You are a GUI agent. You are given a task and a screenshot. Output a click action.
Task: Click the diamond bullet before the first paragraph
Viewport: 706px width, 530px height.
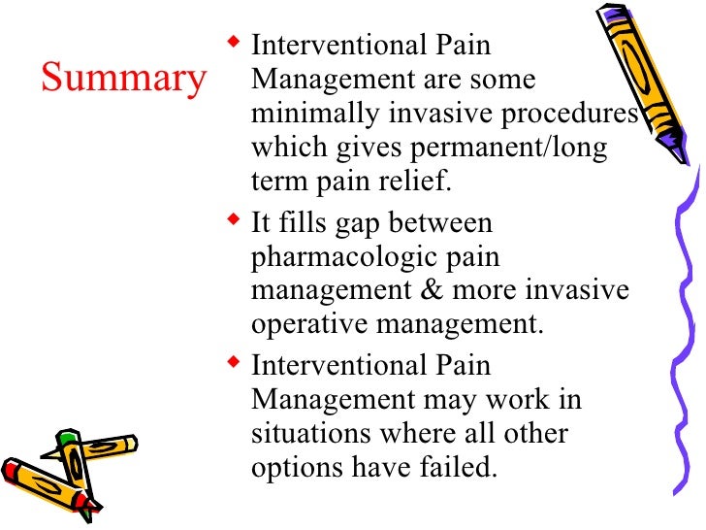coord(234,44)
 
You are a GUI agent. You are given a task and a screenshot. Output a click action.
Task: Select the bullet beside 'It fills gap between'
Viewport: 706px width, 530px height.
coord(234,223)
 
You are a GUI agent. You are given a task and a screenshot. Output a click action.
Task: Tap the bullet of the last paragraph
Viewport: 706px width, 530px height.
coord(234,364)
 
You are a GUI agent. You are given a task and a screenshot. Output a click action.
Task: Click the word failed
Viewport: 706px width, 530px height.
coord(461,467)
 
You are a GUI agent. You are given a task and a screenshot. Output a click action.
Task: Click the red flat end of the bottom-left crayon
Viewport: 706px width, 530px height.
coord(12,470)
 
